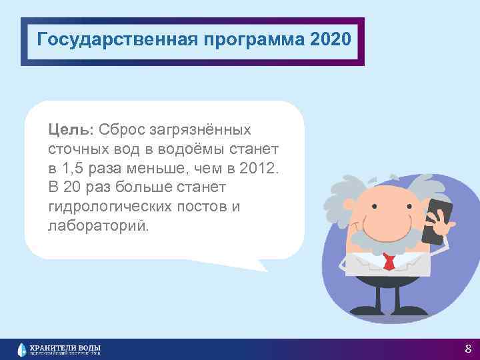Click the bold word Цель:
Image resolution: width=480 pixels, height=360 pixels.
click(72, 127)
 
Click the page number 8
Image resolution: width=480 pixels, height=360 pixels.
click(468, 349)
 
